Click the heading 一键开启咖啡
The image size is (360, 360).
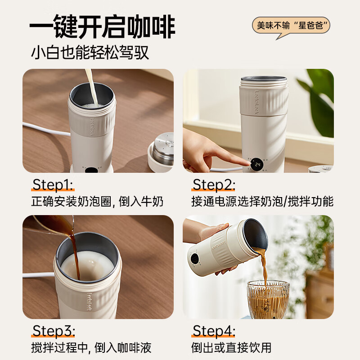click(103, 27)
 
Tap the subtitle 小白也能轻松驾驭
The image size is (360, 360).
click(90, 53)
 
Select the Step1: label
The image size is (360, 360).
click(53, 184)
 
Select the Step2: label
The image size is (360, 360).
click(213, 184)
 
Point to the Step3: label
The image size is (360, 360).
click(54, 331)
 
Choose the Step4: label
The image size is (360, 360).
click(214, 331)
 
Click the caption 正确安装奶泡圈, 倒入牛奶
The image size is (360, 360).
click(97, 202)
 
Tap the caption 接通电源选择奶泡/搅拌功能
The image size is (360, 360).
click(262, 202)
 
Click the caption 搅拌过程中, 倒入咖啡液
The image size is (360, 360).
click(91, 347)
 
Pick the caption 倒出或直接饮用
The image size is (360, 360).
click(231, 347)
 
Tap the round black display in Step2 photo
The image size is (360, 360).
click(256, 164)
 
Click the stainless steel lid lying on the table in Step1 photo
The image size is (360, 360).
click(162, 152)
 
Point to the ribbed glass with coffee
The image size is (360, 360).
click(268, 299)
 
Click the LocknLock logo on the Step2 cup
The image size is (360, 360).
click(256, 102)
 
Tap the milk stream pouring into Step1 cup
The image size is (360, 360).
click(92, 88)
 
